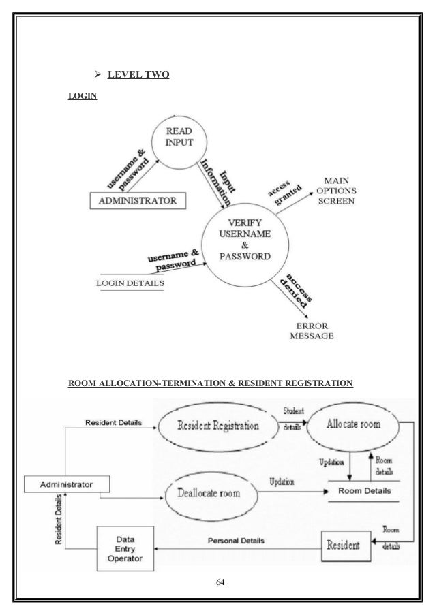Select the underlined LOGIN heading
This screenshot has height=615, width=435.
click(82, 97)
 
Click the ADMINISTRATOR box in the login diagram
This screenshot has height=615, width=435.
click(138, 201)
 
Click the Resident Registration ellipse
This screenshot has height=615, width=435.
click(218, 427)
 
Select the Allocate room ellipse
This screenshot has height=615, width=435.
click(352, 424)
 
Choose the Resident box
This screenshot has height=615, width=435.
click(346, 544)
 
